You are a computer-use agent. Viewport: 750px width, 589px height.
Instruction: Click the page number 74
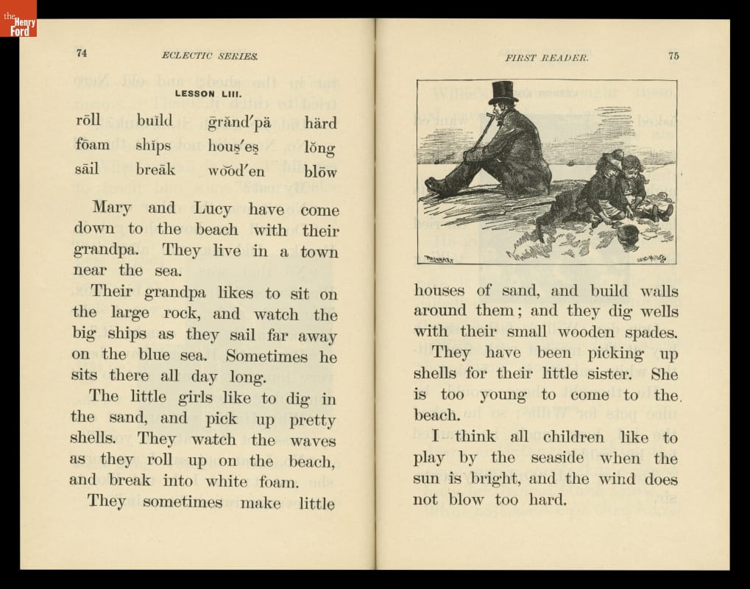click(82, 53)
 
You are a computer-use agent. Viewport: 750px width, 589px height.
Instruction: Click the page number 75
click(673, 57)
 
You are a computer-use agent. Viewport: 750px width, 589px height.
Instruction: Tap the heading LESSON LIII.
click(205, 94)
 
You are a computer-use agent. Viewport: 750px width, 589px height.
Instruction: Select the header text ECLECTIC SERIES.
click(210, 55)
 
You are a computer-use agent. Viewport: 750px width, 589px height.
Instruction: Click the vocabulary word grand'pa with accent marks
click(239, 122)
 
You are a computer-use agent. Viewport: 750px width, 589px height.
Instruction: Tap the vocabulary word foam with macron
click(92, 144)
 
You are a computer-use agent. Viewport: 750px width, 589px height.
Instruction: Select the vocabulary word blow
click(320, 172)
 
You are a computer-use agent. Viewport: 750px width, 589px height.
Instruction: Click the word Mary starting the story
click(112, 208)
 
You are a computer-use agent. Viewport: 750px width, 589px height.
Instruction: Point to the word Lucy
click(212, 209)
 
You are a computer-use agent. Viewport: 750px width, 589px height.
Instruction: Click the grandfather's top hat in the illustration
click(503, 92)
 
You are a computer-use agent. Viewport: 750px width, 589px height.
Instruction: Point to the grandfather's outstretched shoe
click(436, 186)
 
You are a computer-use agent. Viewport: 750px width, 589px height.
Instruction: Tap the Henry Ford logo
click(18, 18)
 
